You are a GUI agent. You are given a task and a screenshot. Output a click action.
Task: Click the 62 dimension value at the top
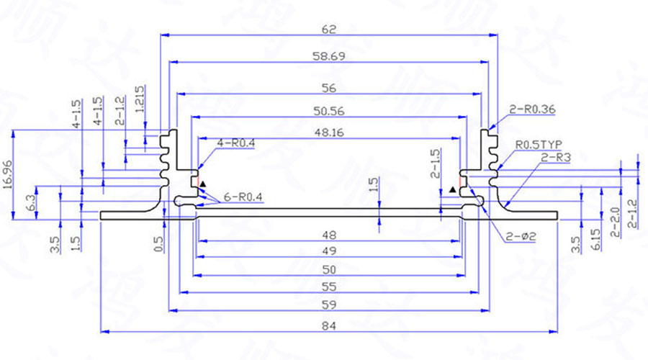click(329, 30)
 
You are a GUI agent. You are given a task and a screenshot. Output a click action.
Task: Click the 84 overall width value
click(329, 325)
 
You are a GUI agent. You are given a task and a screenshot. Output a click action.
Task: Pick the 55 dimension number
click(329, 287)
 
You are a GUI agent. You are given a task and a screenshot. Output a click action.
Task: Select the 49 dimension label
click(329, 251)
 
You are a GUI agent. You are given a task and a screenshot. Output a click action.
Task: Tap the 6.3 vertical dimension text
click(31, 202)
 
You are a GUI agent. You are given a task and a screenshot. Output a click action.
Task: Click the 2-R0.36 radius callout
click(532, 109)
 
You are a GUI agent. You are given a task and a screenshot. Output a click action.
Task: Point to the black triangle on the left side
click(204, 184)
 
